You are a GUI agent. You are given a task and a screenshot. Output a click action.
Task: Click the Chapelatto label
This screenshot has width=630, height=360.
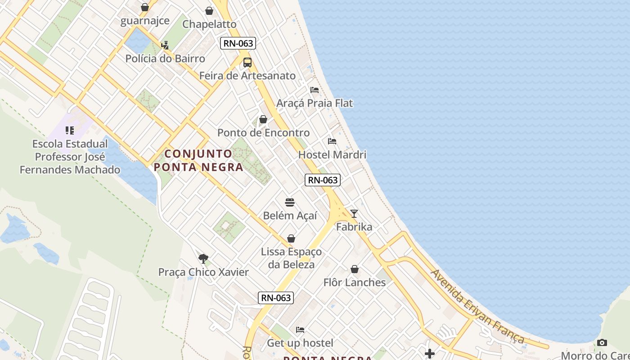click(209, 24)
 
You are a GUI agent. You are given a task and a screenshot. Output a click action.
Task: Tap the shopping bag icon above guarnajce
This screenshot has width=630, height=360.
click(144, 7)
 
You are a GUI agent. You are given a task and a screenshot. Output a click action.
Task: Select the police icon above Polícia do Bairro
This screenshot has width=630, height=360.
click(165, 45)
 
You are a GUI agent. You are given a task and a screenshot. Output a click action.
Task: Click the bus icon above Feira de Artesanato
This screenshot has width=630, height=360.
click(247, 62)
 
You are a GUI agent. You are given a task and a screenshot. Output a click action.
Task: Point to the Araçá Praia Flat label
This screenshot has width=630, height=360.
click(315, 103)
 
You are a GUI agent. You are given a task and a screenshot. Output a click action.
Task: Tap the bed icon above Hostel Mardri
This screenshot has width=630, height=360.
click(332, 141)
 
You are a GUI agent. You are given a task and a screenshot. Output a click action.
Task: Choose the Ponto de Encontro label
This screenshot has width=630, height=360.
click(264, 133)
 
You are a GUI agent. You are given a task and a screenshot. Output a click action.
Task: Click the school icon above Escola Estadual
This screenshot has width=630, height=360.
click(70, 130)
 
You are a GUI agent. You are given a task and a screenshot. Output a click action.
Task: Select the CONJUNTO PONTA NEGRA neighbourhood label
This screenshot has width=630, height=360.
click(198, 160)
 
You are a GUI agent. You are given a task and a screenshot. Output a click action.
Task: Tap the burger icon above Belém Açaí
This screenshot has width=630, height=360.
click(290, 202)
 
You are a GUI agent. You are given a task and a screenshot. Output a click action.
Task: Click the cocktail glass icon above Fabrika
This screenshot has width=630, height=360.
click(354, 213)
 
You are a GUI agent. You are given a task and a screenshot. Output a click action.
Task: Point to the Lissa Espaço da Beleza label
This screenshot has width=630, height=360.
click(291, 258)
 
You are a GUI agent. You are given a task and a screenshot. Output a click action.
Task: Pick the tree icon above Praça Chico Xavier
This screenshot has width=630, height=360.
click(203, 258)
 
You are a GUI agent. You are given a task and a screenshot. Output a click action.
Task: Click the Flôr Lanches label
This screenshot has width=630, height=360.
click(355, 283)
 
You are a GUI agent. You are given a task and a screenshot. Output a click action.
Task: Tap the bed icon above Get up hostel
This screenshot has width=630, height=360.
click(300, 330)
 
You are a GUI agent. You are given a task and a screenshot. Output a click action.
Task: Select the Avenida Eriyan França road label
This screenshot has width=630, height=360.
click(477, 306)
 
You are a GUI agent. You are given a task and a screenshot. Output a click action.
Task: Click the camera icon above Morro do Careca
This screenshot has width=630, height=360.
click(602, 343)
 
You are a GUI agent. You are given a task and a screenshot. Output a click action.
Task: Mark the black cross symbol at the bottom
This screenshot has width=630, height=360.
click(430, 354)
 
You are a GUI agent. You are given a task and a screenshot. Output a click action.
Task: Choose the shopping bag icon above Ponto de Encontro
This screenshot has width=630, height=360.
click(263, 119)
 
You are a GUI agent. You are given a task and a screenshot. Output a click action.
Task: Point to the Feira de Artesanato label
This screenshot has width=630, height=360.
click(247, 76)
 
